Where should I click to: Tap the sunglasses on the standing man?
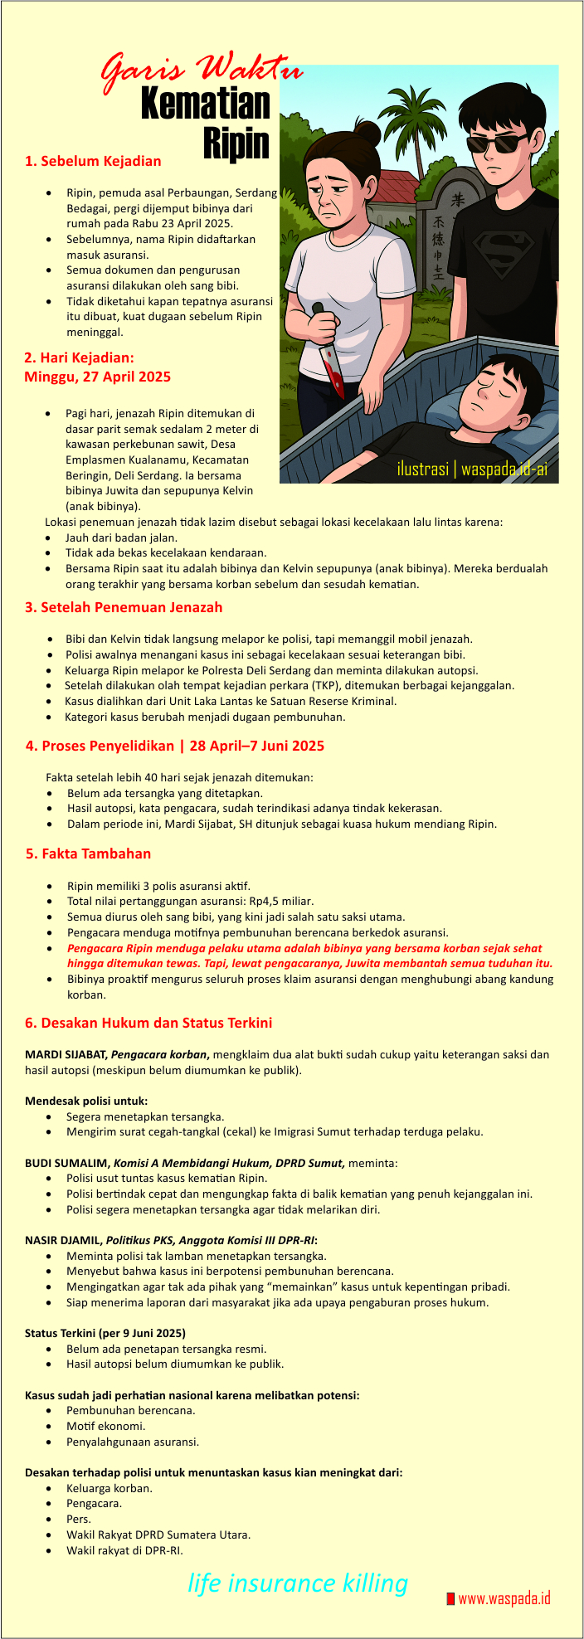[497, 143]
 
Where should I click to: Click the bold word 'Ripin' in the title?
[236, 142]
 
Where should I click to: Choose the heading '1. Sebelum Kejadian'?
[93, 161]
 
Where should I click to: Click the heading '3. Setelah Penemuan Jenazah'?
[124, 607]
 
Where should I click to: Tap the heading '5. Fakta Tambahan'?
[88, 854]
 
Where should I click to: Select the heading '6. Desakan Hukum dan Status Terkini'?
[148, 1023]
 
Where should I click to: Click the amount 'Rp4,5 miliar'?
[277, 901]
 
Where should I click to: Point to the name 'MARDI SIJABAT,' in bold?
[66, 1054]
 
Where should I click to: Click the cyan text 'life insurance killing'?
[298, 1583]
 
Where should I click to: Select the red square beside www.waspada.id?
[450, 1598]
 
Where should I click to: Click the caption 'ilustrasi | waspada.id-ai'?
[471, 469]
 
